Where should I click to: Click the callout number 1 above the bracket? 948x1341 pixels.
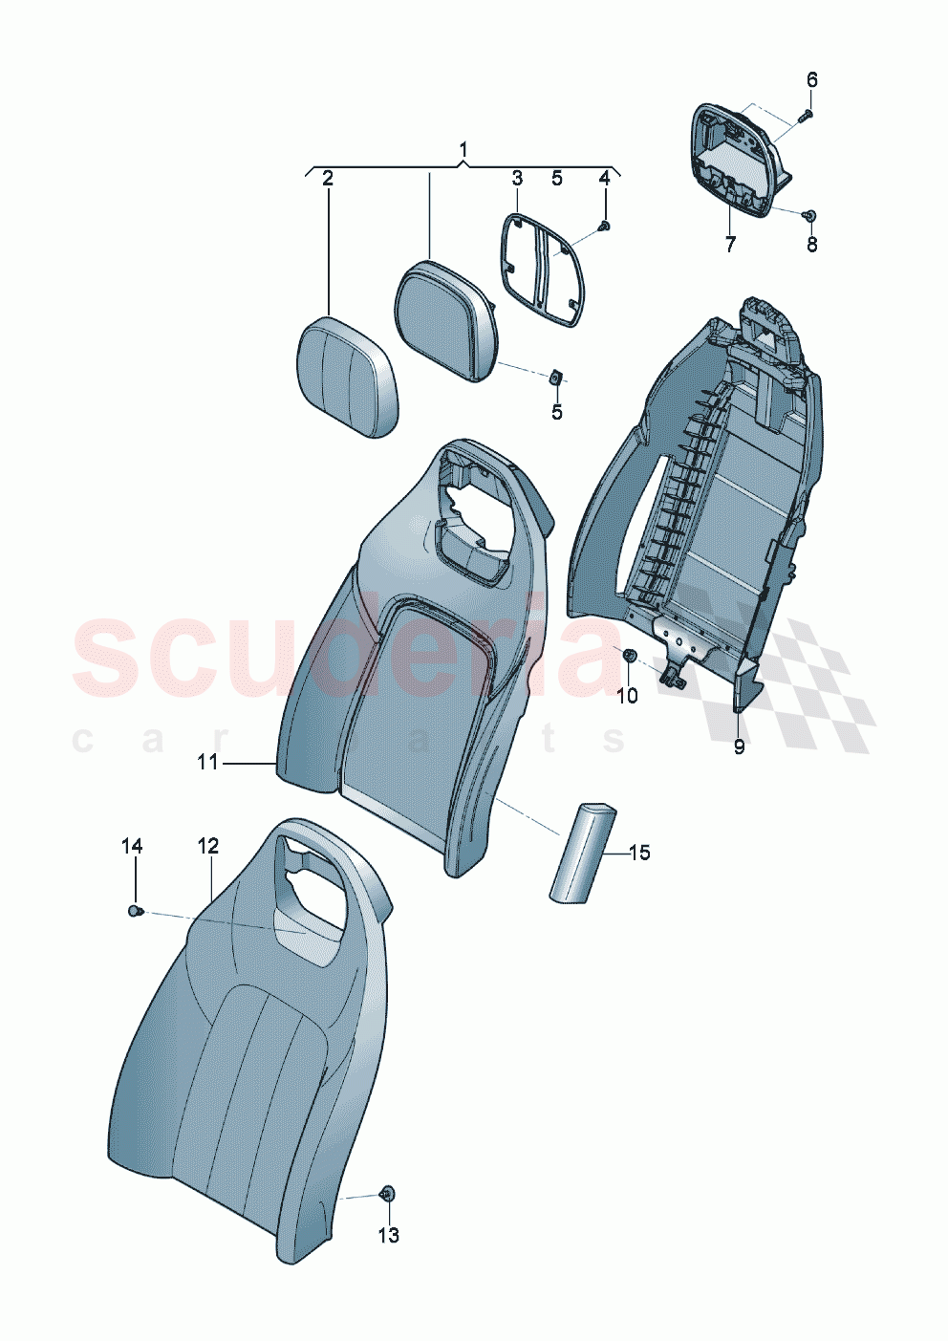click(x=463, y=150)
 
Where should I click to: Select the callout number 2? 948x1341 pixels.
click(x=328, y=178)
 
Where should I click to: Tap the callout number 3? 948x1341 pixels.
click(x=517, y=178)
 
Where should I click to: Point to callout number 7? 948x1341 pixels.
click(x=730, y=245)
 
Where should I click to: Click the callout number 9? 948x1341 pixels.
click(x=739, y=746)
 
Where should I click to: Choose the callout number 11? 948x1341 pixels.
click(x=208, y=762)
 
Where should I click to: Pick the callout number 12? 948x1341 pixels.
click(x=208, y=846)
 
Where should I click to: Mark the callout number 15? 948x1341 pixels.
click(x=639, y=852)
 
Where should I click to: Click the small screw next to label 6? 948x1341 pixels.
click(x=803, y=116)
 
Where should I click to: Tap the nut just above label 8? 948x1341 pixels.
click(x=809, y=216)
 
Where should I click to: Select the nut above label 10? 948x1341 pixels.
click(x=629, y=656)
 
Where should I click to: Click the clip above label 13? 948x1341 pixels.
click(x=387, y=1193)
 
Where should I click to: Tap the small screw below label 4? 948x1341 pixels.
click(x=604, y=226)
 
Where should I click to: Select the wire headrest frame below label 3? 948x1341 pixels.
click(x=542, y=269)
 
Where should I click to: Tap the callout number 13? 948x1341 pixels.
click(x=388, y=1235)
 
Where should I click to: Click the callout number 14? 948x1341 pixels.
click(x=132, y=846)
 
